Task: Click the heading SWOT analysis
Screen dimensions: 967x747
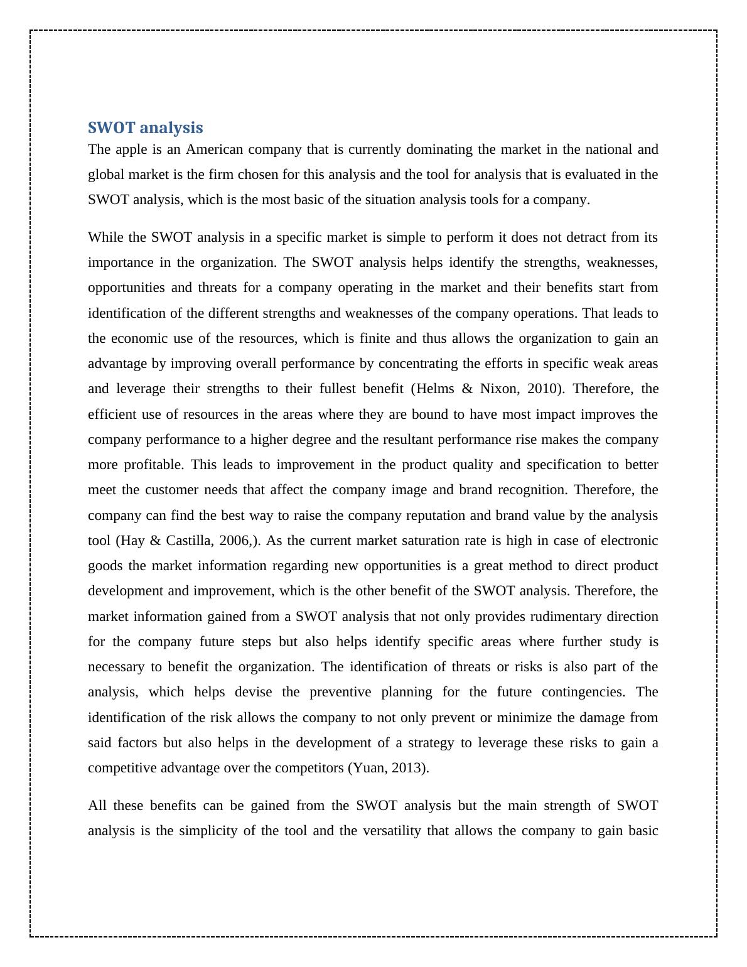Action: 145,128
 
